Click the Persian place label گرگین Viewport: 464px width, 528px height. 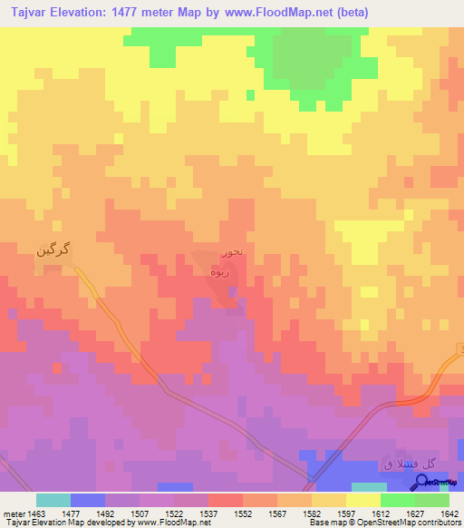coord(53,248)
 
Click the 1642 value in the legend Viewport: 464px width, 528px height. coord(449,513)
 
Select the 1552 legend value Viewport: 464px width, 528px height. coord(243,513)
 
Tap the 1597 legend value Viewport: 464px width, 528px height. coord(346,513)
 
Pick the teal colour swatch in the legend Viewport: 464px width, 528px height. coord(53,500)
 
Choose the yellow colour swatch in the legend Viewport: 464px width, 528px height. coord(362,500)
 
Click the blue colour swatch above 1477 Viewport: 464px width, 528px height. coord(87,500)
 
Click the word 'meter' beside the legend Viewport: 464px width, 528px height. coord(12,513)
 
